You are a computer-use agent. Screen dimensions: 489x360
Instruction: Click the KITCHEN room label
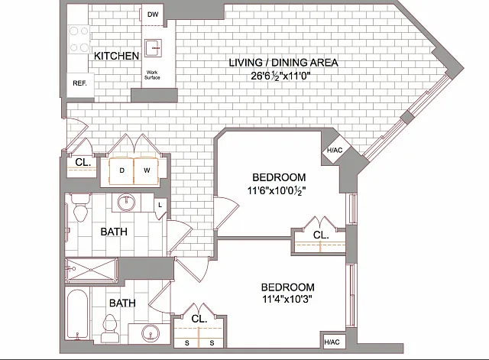116,56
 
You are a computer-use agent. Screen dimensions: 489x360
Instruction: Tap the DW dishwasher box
153,15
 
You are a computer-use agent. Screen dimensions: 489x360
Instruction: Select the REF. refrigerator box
80,85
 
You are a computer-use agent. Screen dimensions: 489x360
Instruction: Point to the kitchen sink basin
153,47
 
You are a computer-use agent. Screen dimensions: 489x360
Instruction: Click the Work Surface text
152,75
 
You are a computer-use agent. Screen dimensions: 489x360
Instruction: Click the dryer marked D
121,170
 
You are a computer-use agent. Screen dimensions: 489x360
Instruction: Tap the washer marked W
146,170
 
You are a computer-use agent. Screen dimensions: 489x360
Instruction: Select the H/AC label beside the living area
335,151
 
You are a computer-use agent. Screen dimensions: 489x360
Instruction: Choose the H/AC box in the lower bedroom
332,342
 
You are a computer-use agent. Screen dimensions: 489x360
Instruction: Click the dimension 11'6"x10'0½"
277,190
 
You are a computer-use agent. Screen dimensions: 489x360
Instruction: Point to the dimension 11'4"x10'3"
287,299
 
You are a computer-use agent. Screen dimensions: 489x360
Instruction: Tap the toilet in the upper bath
81,207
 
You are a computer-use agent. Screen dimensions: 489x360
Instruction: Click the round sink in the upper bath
126,202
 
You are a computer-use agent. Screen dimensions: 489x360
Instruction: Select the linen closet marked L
160,207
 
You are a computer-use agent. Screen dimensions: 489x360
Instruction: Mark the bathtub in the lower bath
77,313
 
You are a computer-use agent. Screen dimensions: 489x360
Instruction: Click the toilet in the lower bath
110,329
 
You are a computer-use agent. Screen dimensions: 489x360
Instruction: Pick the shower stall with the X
91,270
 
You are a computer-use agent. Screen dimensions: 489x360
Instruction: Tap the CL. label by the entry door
83,162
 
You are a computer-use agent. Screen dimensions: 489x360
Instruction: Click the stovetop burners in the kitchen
79,39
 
